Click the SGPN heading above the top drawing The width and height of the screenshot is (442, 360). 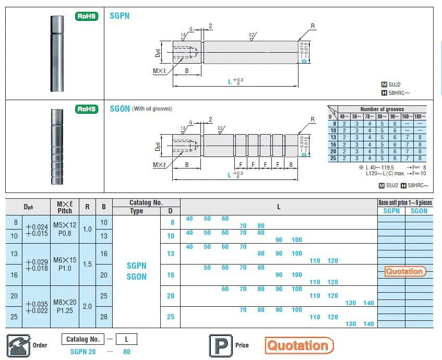pyautogui.click(x=120, y=16)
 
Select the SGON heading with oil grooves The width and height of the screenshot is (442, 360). pyautogui.click(x=120, y=109)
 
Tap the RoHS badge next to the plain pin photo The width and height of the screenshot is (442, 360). pyautogui.click(x=87, y=16)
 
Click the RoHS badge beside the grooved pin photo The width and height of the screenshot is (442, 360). pyautogui.click(x=87, y=109)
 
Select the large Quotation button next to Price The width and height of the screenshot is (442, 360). pyautogui.click(x=299, y=345)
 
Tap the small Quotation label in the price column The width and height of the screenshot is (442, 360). pyautogui.click(x=405, y=271)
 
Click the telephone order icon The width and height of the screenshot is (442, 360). pyautogui.click(x=18, y=345)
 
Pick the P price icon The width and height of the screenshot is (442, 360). pyautogui.click(x=217, y=345)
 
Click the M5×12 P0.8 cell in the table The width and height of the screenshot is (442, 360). pyautogui.click(x=64, y=229)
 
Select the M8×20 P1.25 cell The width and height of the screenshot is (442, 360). pyautogui.click(x=64, y=306)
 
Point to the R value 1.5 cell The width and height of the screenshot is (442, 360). pyautogui.click(x=87, y=264)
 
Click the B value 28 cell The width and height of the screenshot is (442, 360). pyautogui.click(x=104, y=317)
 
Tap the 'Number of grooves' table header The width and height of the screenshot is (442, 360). pyautogui.click(x=382, y=109)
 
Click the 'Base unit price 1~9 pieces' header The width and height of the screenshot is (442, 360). pyautogui.click(x=405, y=202)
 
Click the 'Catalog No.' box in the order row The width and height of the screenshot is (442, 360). pyautogui.click(x=82, y=339)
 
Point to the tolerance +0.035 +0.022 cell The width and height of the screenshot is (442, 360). pyautogui.click(x=36, y=306)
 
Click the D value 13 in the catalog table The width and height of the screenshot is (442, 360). pyautogui.click(x=170, y=254)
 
